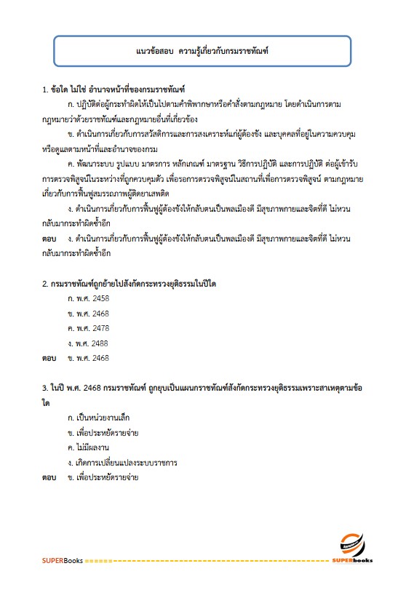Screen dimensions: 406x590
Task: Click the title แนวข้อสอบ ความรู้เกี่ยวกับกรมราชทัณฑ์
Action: click(x=203, y=52)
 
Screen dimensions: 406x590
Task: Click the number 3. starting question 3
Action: click(x=46, y=388)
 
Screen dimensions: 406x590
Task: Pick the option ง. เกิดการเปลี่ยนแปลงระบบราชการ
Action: click(x=122, y=462)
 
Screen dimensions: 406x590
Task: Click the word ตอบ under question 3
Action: click(x=49, y=477)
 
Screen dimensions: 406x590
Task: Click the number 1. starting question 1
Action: click(x=46, y=89)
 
